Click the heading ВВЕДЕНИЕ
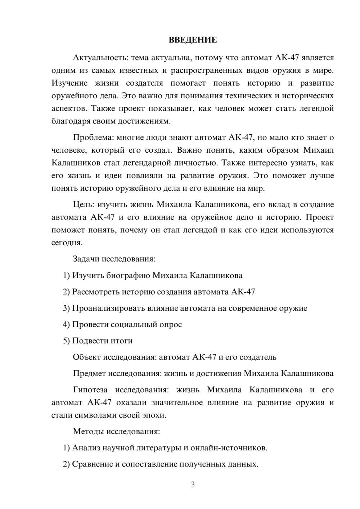(x=193, y=40)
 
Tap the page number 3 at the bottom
(x=193, y=485)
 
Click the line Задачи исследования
(x=114, y=259)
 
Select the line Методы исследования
(x=116, y=431)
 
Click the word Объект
(x=87, y=357)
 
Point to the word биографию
(x=128, y=275)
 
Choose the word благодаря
(x=69, y=121)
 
